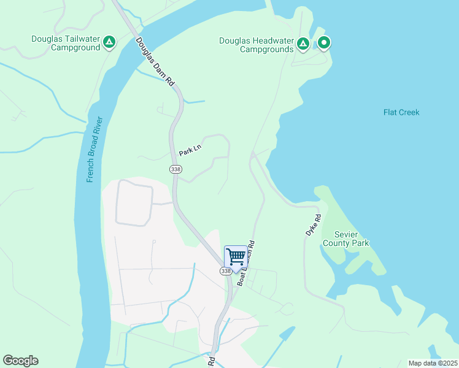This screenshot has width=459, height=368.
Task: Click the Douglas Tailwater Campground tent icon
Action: pos(109,42)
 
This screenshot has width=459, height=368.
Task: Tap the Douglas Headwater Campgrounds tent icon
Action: pos(303,44)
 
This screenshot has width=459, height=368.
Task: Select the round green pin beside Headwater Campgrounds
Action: pos(323,43)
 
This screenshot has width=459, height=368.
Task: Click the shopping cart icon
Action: pos(236,256)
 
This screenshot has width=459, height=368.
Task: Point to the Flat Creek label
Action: pos(401,112)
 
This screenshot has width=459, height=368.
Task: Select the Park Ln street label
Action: pos(190,147)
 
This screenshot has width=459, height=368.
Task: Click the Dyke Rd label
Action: pos(314,225)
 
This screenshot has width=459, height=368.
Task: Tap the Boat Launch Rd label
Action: pos(246,264)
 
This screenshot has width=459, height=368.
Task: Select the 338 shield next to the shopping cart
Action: pos(226,270)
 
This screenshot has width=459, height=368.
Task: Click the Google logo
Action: pos(20,361)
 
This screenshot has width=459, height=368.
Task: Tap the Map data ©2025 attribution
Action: pos(433,363)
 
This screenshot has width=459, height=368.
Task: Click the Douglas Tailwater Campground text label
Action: pos(66,43)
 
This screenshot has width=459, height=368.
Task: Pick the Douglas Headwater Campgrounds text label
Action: pos(256,45)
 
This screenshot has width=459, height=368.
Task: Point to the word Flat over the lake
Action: pos(391,112)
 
